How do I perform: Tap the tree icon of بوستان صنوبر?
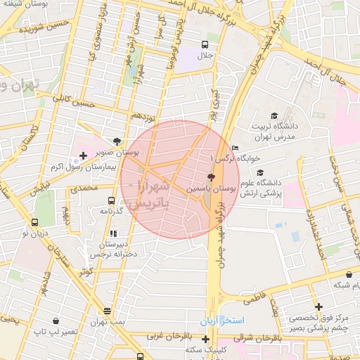point(116,141)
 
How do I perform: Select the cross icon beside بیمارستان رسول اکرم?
point(84,155)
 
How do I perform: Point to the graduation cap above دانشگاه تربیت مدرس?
point(274,116)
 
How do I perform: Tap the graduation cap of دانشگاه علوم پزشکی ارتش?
point(260,173)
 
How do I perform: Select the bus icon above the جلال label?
point(205,44)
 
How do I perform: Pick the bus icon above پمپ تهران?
point(107,311)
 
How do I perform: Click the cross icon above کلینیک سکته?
point(205,339)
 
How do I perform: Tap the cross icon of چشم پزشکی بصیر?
point(319,307)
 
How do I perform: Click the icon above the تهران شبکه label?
point(349,274)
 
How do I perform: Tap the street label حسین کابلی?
point(78,106)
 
